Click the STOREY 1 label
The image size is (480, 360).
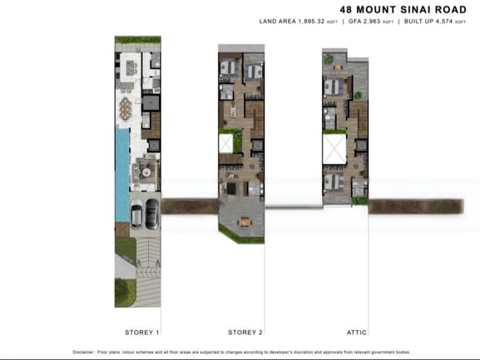click(x=142, y=332)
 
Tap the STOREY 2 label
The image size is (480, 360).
click(x=245, y=332)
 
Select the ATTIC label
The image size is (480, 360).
click(x=356, y=332)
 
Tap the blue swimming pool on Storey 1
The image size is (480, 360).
click(x=122, y=174)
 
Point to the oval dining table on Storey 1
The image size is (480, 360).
click(x=125, y=109)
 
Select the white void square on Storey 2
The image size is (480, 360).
click(x=226, y=144)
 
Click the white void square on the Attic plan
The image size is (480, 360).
click(x=334, y=148)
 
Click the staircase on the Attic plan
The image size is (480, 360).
click(x=359, y=117)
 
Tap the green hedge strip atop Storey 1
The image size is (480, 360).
click(x=137, y=40)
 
